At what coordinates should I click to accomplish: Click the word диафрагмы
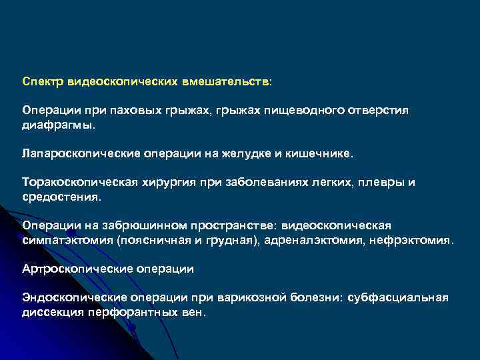click(59, 124)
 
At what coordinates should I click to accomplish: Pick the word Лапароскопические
click(81, 154)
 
